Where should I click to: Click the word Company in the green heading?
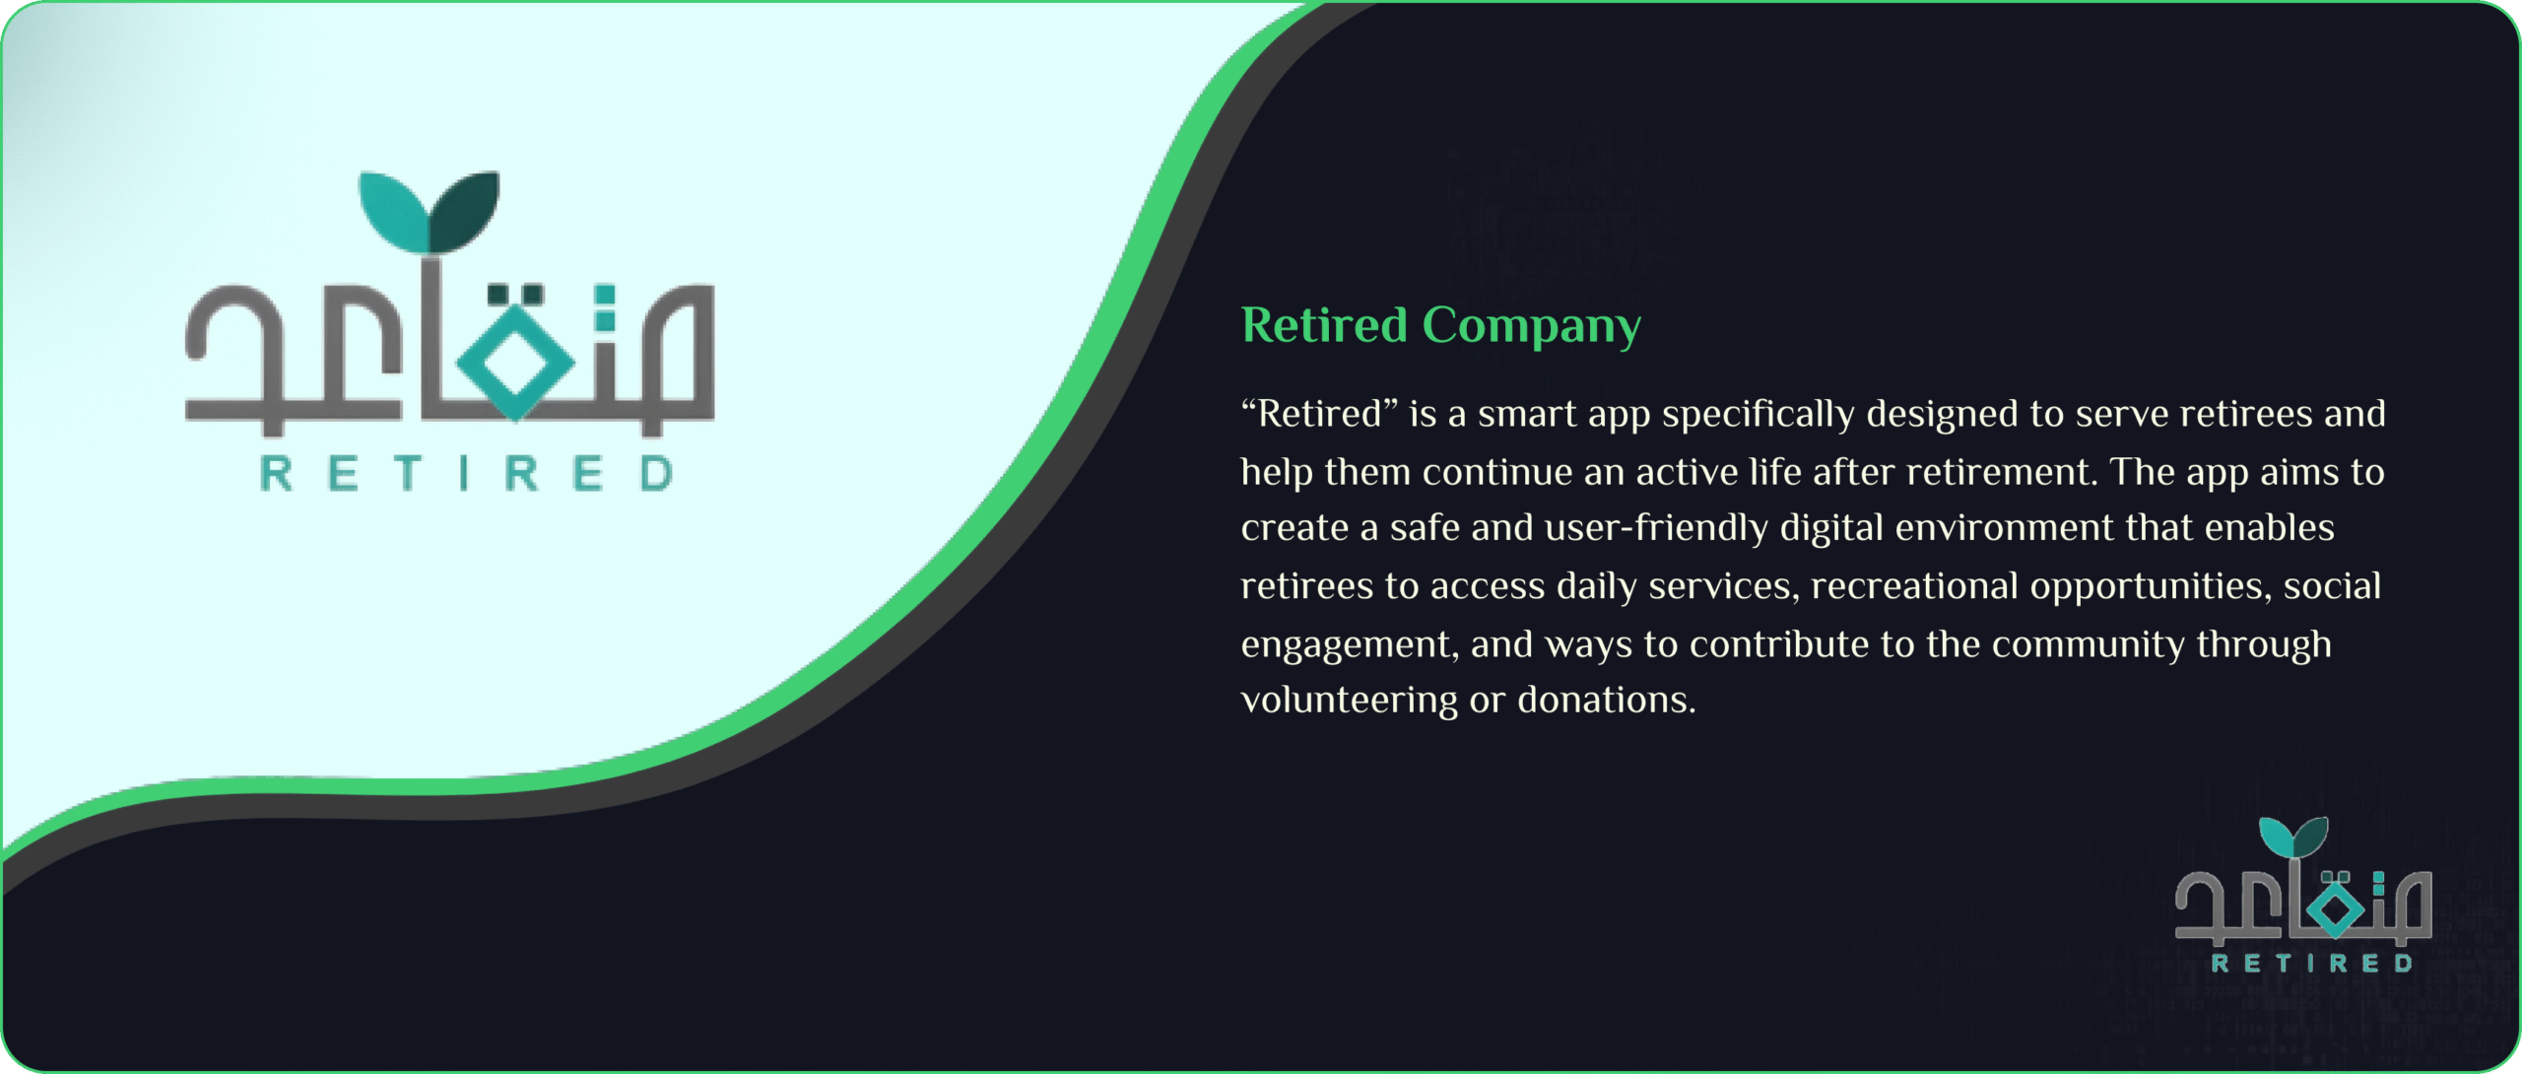[1532, 327]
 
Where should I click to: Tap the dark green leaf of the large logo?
[465, 211]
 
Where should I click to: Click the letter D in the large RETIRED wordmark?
[656, 474]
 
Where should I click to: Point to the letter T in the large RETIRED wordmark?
[408, 474]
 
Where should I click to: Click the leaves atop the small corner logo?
[2293, 836]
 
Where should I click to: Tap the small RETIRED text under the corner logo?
[2312, 963]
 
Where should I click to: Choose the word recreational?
[1914, 586]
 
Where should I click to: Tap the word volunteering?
[1349, 701]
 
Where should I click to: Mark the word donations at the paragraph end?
[1606, 701]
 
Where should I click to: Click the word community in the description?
[2089, 645]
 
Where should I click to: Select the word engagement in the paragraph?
[1349, 645]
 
